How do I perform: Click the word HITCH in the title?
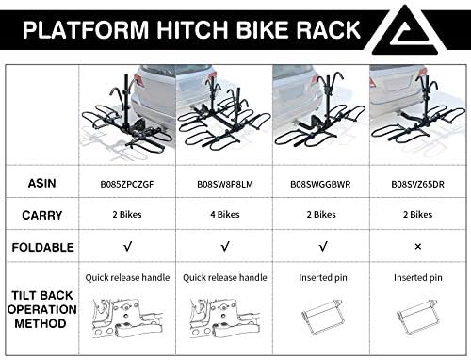point(191,29)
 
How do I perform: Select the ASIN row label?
point(41,183)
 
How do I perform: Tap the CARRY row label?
point(41,215)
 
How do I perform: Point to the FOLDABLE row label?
point(42,247)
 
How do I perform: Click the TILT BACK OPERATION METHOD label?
point(41,309)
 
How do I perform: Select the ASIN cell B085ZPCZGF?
point(127,184)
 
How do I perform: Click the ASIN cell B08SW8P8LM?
point(225,184)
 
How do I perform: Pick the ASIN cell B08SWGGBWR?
point(320,184)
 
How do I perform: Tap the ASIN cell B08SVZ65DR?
point(417,184)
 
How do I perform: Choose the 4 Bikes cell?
point(225,215)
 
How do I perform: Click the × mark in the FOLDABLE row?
point(418,247)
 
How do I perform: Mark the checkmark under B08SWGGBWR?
point(323,247)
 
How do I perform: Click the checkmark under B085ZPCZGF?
point(127,247)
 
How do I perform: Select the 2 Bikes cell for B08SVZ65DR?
point(417,215)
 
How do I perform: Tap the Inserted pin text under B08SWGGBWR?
point(323,278)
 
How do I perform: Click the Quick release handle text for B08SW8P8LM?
point(225,278)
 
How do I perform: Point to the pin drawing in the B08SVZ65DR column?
point(418,318)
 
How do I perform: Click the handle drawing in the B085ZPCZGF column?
point(127,319)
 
